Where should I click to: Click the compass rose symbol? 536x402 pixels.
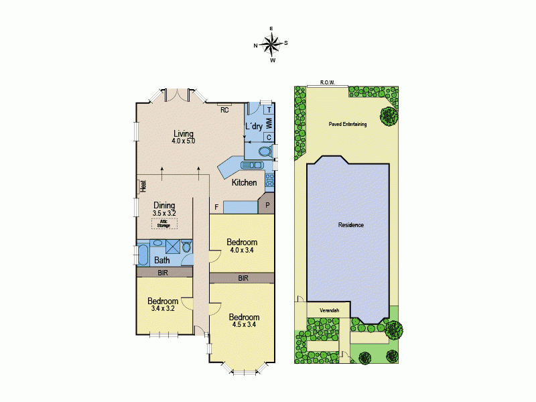click(271, 44)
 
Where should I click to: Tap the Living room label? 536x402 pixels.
click(183, 137)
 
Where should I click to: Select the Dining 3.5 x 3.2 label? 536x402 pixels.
click(164, 209)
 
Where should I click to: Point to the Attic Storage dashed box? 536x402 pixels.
click(164, 224)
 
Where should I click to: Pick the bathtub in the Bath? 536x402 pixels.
click(143, 255)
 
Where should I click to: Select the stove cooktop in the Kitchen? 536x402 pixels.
click(269, 180)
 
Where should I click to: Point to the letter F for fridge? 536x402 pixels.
click(216, 208)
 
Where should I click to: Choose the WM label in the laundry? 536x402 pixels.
click(269, 123)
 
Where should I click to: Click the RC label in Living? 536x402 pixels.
click(225, 110)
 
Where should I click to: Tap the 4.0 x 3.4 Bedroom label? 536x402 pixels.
click(242, 246)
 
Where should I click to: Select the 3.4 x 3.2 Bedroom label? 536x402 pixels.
click(163, 305)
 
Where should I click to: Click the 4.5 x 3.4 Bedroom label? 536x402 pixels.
click(243, 321)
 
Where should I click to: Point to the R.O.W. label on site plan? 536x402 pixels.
click(328, 82)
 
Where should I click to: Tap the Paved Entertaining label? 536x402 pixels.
click(347, 125)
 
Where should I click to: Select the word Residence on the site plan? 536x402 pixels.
click(351, 225)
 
